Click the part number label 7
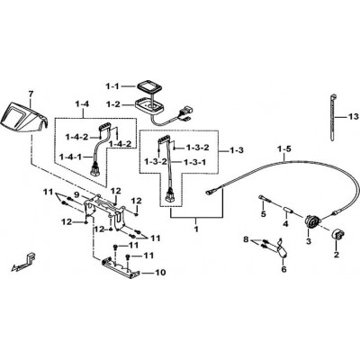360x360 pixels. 30,94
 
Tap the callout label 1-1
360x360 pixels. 112,86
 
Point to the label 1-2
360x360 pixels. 112,104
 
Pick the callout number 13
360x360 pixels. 353,116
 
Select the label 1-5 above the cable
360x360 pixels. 284,148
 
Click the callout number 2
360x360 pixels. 337,255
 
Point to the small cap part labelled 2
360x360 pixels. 337,234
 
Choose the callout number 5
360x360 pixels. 264,214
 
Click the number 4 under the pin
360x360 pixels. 285,224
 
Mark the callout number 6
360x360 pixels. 283,269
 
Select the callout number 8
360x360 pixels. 246,239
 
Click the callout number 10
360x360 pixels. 160,273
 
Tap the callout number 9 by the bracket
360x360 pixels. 76,195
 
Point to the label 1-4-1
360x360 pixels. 71,157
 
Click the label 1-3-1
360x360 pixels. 195,162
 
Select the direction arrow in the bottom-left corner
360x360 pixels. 22,262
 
